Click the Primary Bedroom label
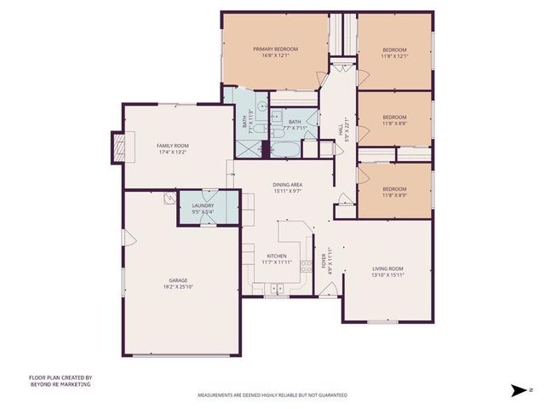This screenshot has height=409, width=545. pos(275,49)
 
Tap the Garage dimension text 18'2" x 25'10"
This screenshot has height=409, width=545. pos(177,286)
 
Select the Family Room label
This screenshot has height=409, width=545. pos(172,146)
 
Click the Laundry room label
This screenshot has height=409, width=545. pos(203,204)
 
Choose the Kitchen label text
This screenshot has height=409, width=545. pos(276,256)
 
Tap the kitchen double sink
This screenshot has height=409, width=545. pos(277,290)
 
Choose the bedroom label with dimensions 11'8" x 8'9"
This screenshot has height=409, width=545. pos(393,189)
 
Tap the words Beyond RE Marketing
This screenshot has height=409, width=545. pos(60,384)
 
